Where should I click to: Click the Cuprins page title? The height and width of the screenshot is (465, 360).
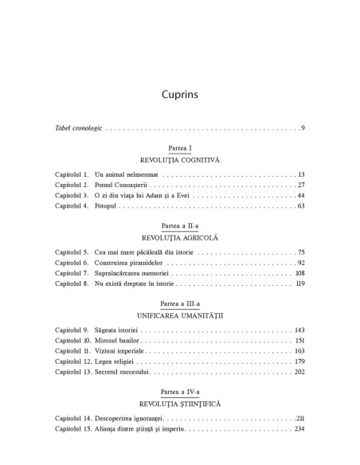click(179, 94)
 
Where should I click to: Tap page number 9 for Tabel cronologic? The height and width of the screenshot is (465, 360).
click(303, 127)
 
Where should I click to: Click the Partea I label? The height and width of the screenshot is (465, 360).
click(179, 149)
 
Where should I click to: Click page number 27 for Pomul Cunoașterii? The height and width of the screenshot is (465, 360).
click(300, 185)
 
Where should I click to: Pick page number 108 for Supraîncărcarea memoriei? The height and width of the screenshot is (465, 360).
click(299, 273)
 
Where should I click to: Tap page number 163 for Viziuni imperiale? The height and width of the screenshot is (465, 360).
click(299, 351)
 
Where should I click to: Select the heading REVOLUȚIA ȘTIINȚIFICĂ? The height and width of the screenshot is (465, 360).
click(179, 404)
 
